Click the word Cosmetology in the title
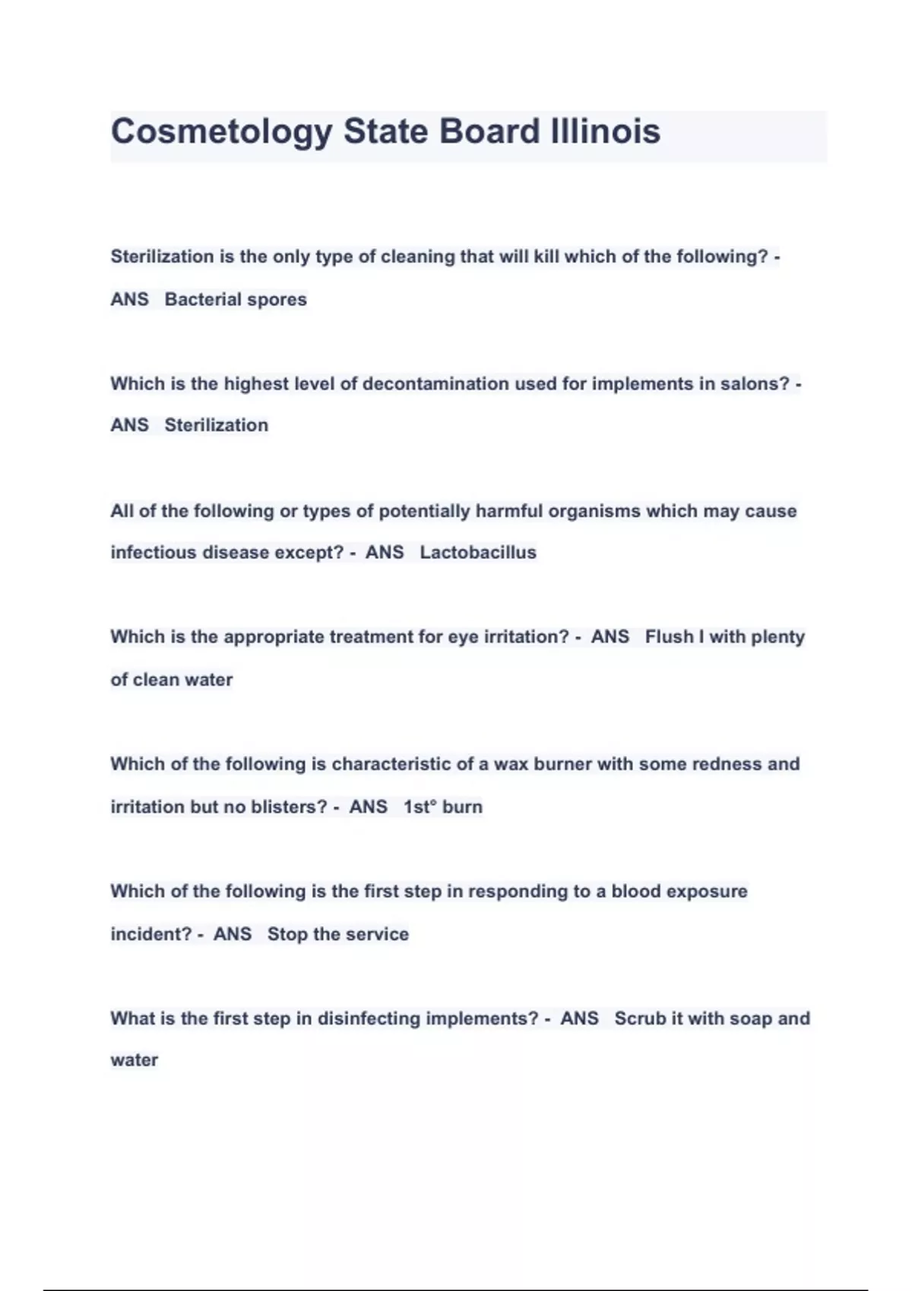pos(221,132)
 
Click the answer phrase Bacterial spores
pos(236,299)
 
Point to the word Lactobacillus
pos(478,552)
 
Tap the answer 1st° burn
pos(443,806)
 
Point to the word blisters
pos(291,806)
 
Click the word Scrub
pos(640,1018)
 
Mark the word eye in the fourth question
pos(463,636)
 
